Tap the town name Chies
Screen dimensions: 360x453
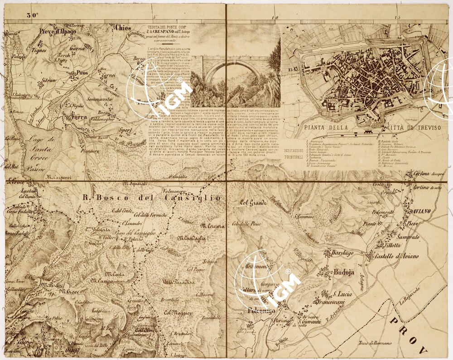coord(123,27)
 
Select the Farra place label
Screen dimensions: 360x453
coord(79,117)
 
